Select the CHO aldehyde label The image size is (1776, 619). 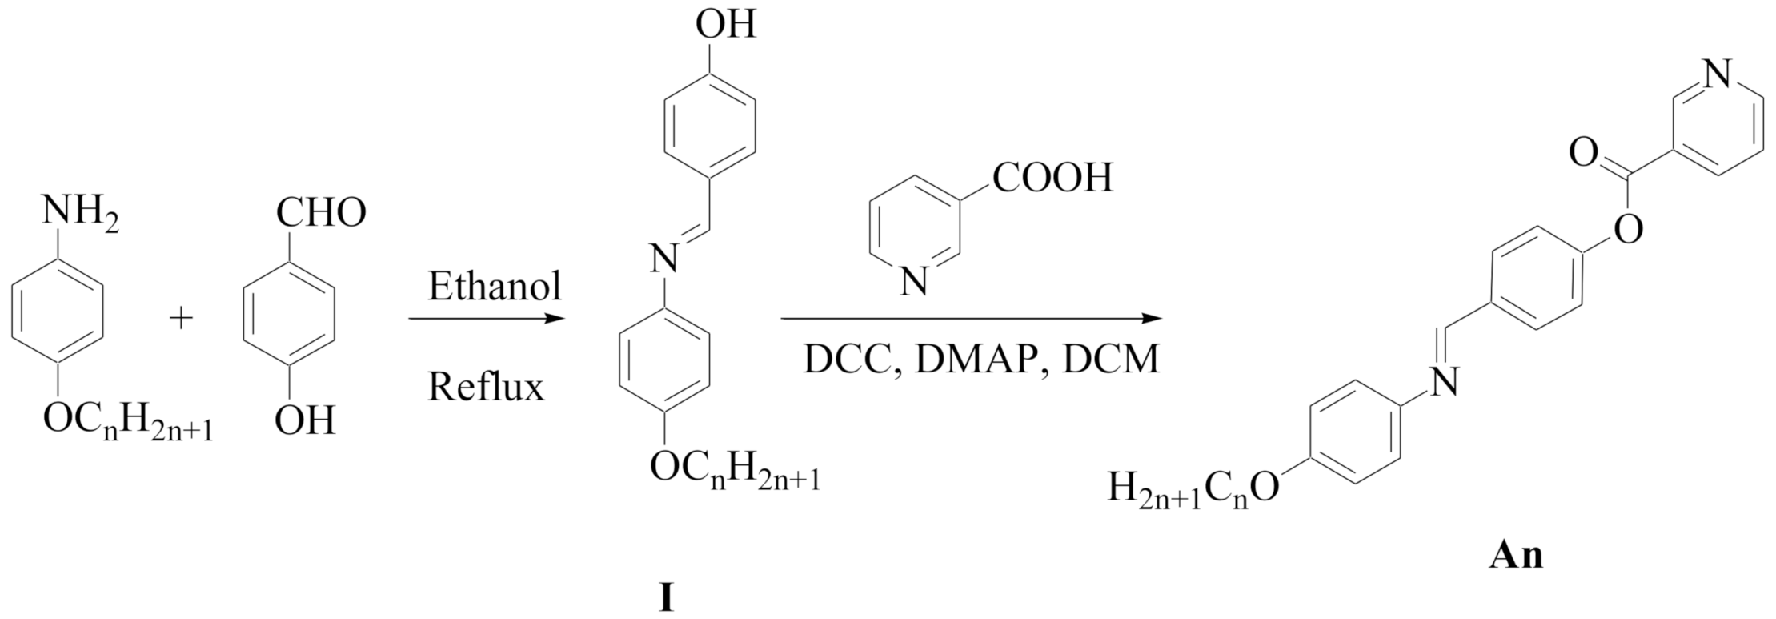pos(320,213)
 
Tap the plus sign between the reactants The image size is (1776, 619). pos(182,319)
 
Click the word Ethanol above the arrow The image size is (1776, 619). pos(495,287)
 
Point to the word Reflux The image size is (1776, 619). pos(486,387)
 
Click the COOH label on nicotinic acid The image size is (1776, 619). pos(1053,178)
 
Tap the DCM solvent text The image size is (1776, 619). pos(1111,360)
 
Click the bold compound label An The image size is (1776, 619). pos(1516,555)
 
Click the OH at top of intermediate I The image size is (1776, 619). pos(725,25)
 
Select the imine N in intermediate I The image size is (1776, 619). pos(662,258)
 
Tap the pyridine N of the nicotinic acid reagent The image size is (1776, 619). pos(914,282)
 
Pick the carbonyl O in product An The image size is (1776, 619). pos(1582,152)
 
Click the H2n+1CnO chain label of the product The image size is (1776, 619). pos(1193,489)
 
